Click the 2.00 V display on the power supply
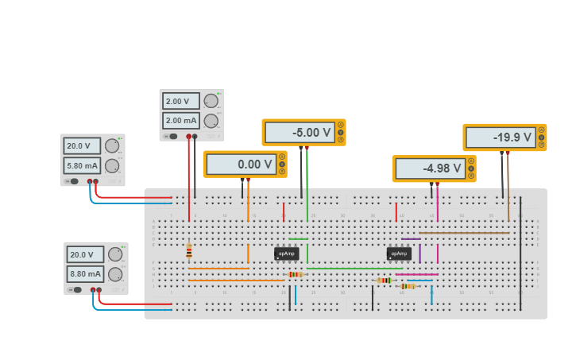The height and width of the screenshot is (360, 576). [180, 102]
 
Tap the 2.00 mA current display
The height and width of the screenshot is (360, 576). [180, 121]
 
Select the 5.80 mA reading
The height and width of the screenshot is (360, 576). [82, 166]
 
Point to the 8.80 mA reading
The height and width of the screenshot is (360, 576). [85, 275]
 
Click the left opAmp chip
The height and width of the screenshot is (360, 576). [286, 254]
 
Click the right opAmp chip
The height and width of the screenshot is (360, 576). [399, 254]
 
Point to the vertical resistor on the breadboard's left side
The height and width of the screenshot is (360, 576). [189, 252]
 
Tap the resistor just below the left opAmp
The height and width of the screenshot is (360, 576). [295, 274]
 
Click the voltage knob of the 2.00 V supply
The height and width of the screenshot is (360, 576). [211, 101]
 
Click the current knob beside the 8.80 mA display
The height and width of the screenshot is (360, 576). [115, 274]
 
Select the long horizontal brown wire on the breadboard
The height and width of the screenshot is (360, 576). [464, 233]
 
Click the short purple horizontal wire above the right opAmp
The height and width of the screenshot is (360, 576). [411, 238]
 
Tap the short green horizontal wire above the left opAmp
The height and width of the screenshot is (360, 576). [298, 238]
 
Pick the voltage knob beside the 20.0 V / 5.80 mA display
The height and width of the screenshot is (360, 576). [112, 145]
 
